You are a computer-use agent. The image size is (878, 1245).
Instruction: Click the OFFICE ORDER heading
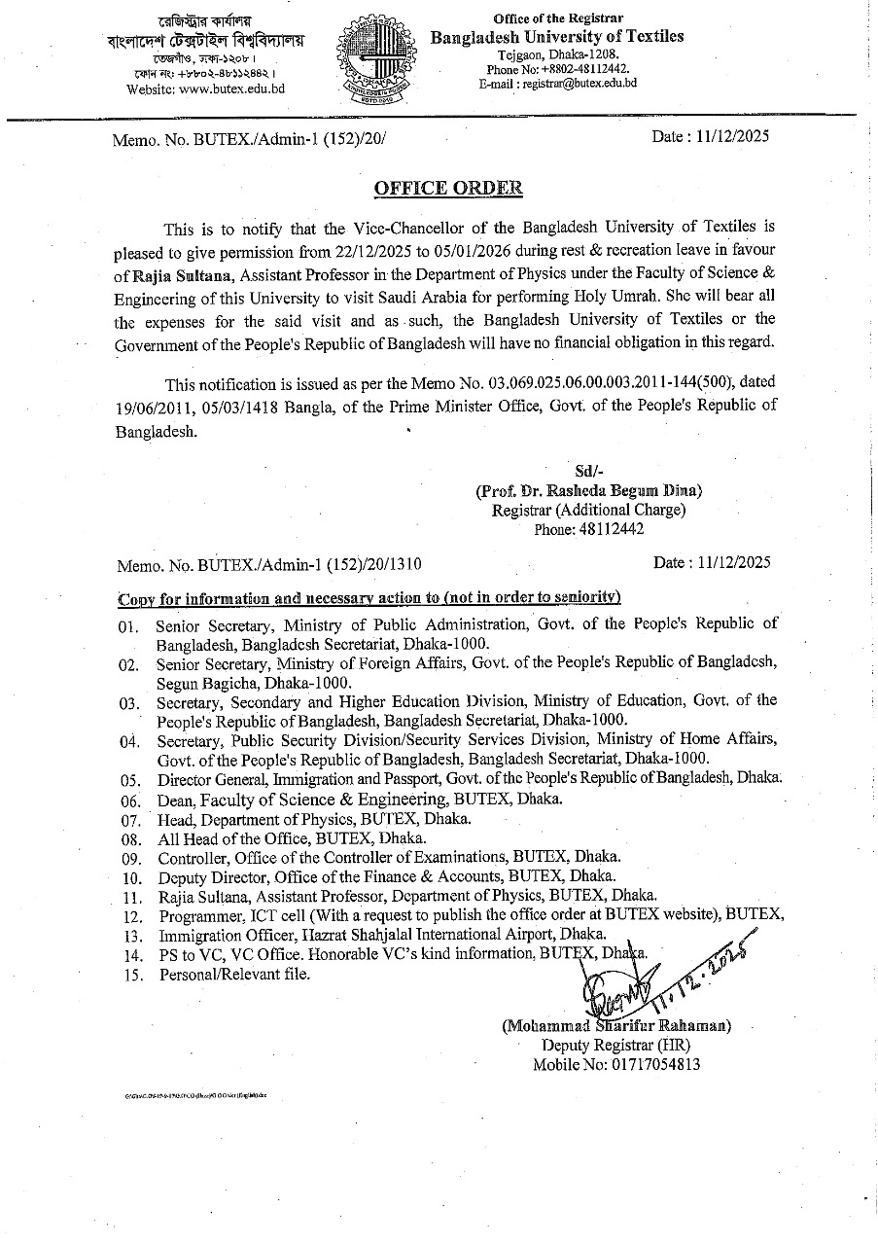(x=448, y=188)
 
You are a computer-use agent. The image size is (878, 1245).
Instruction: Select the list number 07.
(x=131, y=819)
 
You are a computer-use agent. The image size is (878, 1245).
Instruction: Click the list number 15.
(x=131, y=975)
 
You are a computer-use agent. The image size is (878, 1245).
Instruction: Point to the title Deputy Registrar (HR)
(x=616, y=1046)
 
